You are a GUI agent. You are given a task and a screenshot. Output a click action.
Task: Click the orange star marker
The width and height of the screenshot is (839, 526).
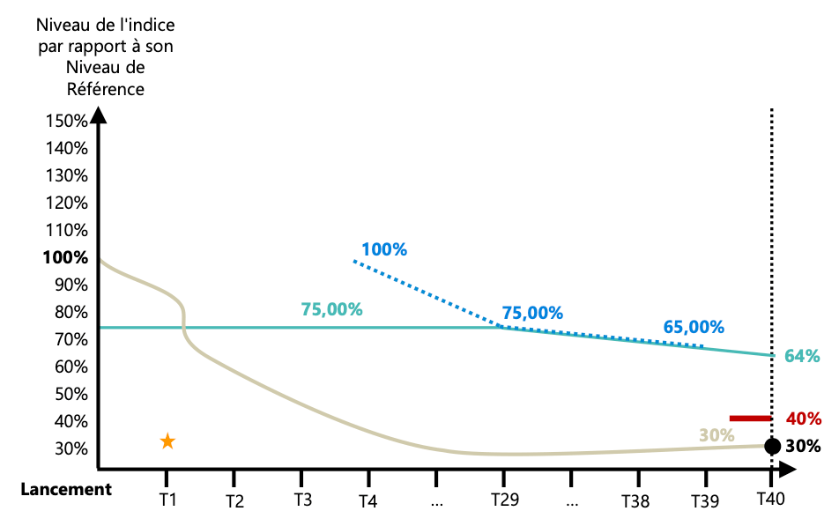pyautogui.click(x=167, y=441)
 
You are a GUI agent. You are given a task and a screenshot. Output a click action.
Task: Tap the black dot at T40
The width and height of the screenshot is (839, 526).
pyautogui.click(x=772, y=446)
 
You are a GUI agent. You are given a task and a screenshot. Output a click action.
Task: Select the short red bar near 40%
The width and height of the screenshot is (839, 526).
pyautogui.click(x=750, y=418)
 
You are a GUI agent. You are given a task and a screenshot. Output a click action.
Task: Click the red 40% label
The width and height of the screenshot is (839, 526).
pyautogui.click(x=803, y=419)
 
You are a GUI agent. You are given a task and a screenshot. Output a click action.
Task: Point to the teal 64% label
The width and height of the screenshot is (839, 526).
pyautogui.click(x=803, y=356)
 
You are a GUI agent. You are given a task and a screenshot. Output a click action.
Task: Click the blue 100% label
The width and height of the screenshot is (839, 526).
pyautogui.click(x=384, y=249)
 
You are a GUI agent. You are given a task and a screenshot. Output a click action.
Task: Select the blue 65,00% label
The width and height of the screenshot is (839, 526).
pyautogui.click(x=694, y=327)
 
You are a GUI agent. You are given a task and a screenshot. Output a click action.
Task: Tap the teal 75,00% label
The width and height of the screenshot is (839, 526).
pyautogui.click(x=331, y=309)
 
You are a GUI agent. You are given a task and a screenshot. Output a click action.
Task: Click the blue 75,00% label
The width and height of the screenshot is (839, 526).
pyautogui.click(x=532, y=312)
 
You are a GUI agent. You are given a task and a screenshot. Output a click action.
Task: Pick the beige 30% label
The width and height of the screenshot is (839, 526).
pyautogui.click(x=716, y=434)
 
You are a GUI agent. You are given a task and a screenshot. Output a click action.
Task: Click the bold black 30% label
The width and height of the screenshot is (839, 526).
pyautogui.click(x=803, y=446)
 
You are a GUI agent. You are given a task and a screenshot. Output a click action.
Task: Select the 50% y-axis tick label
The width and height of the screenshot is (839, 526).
pyautogui.click(x=69, y=395)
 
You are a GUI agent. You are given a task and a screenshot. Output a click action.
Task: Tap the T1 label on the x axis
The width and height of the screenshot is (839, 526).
pyautogui.click(x=167, y=500)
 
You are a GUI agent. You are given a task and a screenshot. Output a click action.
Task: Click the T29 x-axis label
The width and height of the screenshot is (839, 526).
pyautogui.click(x=504, y=500)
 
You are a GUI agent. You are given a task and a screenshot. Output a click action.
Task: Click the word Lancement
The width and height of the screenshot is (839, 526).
pyautogui.click(x=66, y=490)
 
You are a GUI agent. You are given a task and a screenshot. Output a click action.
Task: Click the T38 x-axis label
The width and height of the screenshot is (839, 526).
pyautogui.click(x=635, y=500)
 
